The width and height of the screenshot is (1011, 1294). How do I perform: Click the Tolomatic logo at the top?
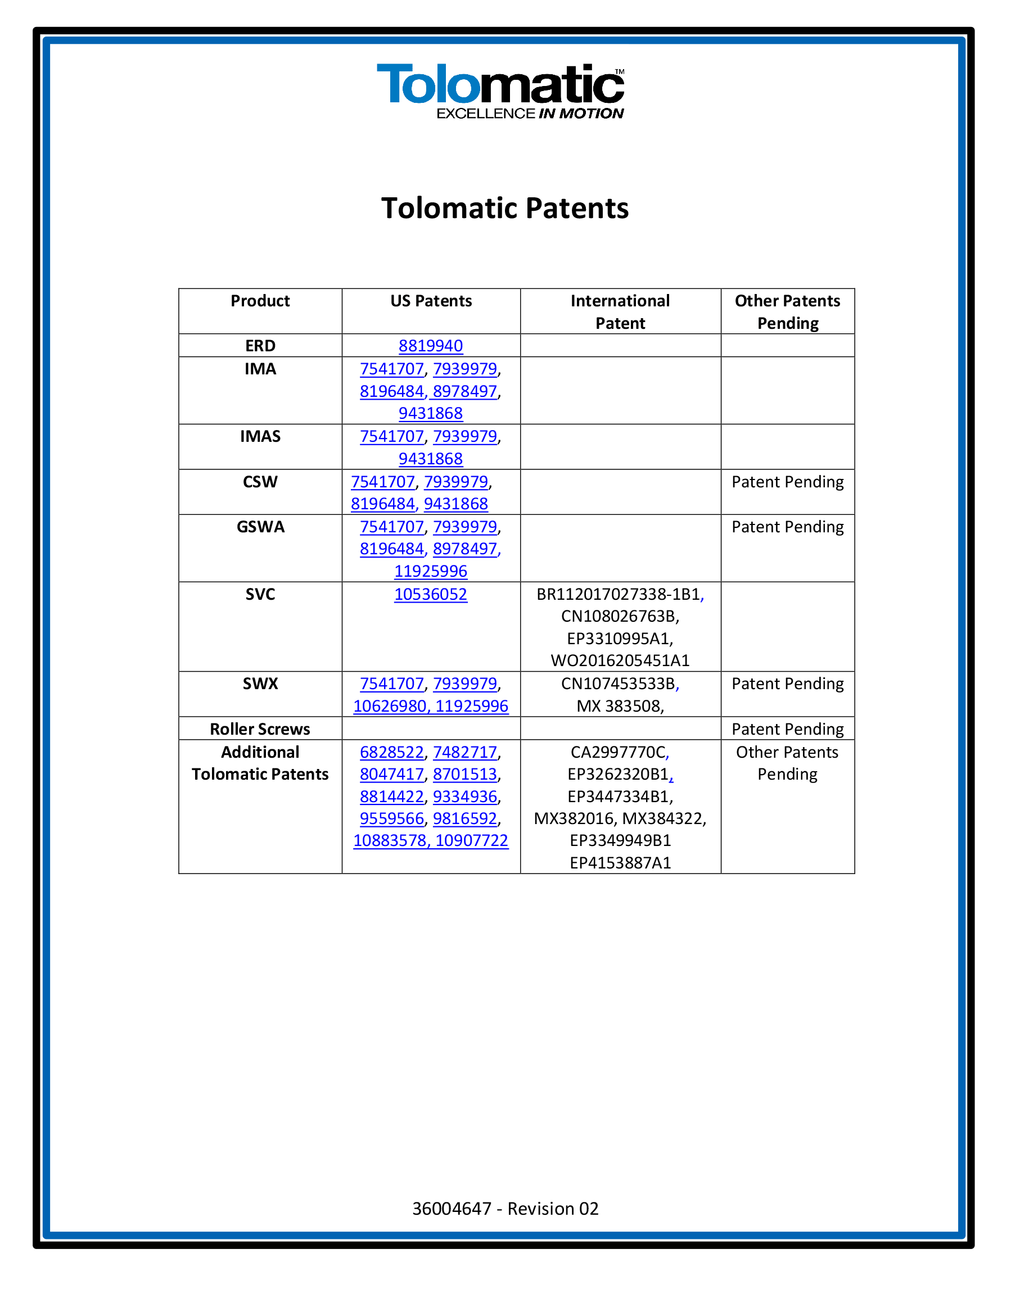(501, 91)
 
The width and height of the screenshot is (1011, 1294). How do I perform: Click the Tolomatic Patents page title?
(505, 209)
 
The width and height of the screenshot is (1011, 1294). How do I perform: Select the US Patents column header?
(431, 301)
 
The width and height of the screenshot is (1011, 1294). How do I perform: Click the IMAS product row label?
(260, 436)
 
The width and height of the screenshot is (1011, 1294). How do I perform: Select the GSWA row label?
(260, 527)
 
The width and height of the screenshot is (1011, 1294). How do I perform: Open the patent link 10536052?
(431, 594)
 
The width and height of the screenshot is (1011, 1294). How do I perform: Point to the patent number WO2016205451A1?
(620, 660)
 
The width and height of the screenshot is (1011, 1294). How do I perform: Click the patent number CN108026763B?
(620, 616)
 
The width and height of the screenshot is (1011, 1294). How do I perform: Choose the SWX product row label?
(260, 684)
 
